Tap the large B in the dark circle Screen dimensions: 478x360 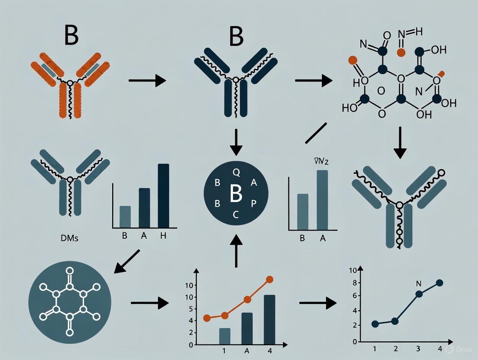pos(236,195)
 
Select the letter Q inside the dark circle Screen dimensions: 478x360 pos(236,172)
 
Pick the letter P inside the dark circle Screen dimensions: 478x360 pos(254,203)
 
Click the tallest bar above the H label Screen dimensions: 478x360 pos(164,196)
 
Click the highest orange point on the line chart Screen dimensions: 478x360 pos(270,280)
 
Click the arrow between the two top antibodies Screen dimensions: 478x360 pos(148,80)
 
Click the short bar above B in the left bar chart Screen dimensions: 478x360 pos(125,216)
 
